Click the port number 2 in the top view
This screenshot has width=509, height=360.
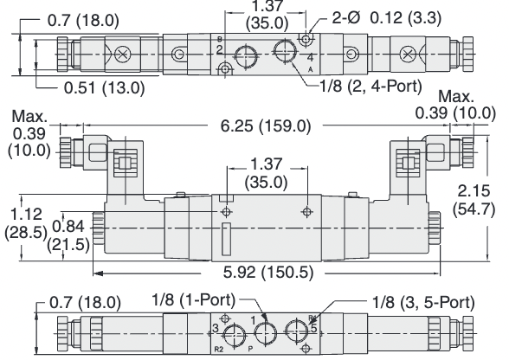(x=220, y=51)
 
